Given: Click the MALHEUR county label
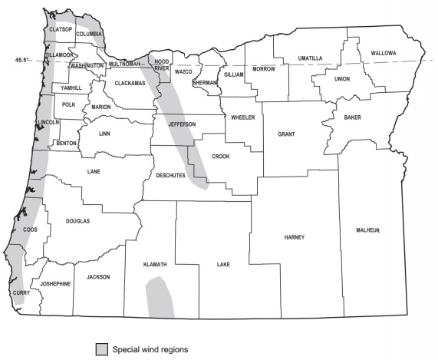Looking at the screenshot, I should point(368,230).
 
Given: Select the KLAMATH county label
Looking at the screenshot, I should point(155,264).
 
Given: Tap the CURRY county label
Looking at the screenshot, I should point(21,293).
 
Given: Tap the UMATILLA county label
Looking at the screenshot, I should point(310,58).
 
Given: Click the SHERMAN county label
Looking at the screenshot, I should point(205,81).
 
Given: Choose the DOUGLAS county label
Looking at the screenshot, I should point(78,220).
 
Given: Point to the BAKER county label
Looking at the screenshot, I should point(352,117).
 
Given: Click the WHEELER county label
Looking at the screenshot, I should point(244,117).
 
